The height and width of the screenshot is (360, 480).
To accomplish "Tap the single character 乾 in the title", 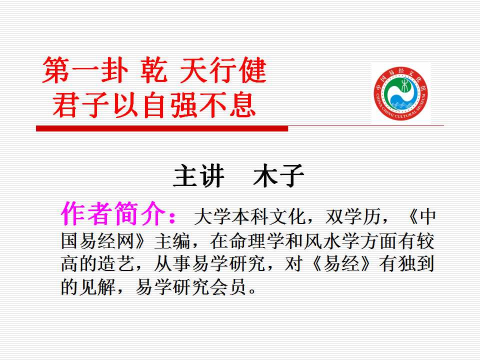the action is pyautogui.click(x=154, y=70).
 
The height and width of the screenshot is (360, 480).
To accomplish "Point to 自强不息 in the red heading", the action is pyautogui.click(x=199, y=105).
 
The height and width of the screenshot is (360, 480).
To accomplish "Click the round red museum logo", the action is pyautogui.click(x=400, y=93).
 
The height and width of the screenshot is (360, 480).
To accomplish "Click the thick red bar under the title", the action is pyautogui.click(x=162, y=128).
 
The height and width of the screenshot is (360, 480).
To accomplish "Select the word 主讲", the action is pyautogui.click(x=198, y=175).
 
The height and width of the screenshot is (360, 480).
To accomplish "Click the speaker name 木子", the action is pyautogui.click(x=278, y=175).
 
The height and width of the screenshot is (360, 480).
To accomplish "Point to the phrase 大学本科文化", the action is pyautogui.click(x=250, y=217).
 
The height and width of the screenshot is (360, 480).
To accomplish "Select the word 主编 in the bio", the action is pyautogui.click(x=172, y=241).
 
